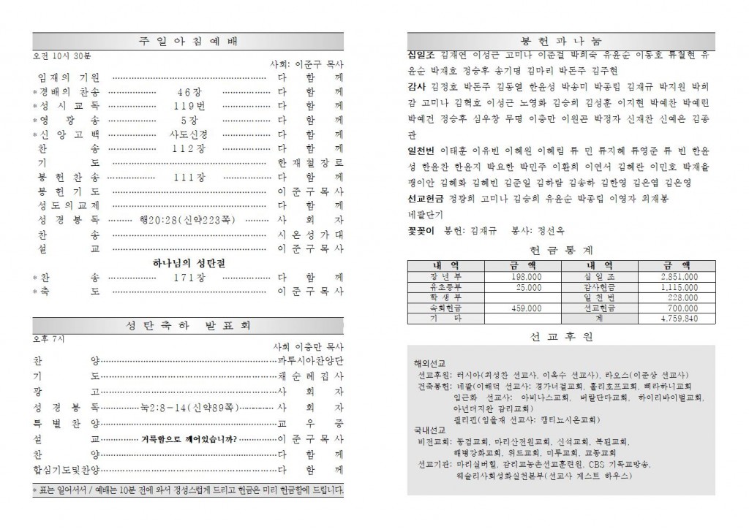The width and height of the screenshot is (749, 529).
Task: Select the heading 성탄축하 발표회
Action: click(187, 324)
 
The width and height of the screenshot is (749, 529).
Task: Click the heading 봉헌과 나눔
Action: click(561, 40)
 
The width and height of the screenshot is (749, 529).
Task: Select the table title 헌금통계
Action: click(561, 251)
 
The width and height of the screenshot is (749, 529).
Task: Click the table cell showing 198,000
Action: click(526, 278)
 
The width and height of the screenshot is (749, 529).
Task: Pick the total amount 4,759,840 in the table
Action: click(678, 319)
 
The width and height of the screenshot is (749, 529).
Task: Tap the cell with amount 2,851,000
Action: click(678, 278)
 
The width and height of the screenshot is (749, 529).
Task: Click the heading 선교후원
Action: click(561, 336)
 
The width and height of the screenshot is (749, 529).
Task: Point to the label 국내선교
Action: click(429, 431)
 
